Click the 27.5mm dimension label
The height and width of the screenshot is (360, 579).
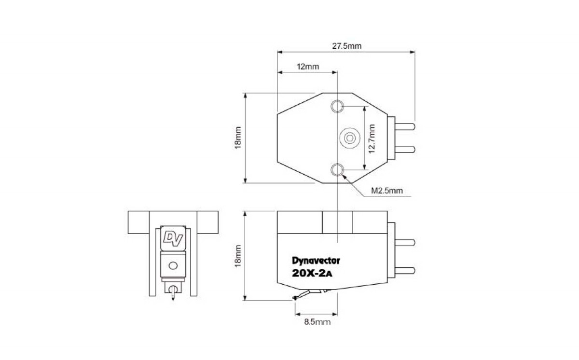coord(346,46)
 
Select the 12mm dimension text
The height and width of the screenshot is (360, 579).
coord(308,67)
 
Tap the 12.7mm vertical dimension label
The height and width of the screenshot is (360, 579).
coord(372,139)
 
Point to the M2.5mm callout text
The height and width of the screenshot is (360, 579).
coord(387,191)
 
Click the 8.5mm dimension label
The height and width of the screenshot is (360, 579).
coord(317,322)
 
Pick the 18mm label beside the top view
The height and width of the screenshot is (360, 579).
coord(238,138)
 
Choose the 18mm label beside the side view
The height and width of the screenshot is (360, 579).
coord(238,256)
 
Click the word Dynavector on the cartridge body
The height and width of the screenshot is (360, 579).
coord(316,261)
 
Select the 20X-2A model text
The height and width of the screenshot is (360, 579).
coord(312,274)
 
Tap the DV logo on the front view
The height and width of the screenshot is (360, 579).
coord(173,239)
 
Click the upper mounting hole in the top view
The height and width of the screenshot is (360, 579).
coord(337,106)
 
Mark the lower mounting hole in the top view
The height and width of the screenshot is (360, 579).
coord(337,170)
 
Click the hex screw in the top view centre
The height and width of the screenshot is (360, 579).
coord(350,138)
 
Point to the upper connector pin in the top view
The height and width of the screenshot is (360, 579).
coord(405,126)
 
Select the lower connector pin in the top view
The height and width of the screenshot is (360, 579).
coord(405,150)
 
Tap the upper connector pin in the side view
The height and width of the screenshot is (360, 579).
coord(405,242)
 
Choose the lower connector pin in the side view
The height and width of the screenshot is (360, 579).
coord(405,271)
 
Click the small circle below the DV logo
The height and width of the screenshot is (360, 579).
coord(173,266)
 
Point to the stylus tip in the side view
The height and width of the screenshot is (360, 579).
coord(294,298)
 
